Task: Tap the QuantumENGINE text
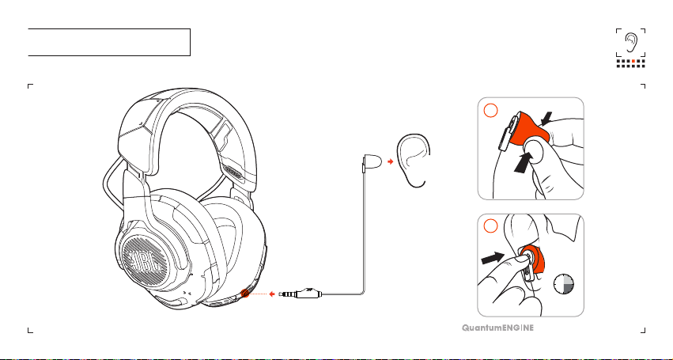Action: click(498, 328)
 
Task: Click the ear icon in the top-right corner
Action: click(631, 42)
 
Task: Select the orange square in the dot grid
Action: click(633, 62)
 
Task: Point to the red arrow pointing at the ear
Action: click(390, 161)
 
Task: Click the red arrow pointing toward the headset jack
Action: click(272, 294)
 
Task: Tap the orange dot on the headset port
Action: click(245, 294)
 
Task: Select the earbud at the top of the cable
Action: click(372, 162)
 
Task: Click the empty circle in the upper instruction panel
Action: click(490, 111)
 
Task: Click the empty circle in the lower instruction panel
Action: click(490, 226)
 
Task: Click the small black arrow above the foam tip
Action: click(546, 119)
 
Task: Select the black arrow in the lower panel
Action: click(493, 258)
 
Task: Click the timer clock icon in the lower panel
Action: click(564, 284)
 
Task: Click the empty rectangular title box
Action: click(109, 42)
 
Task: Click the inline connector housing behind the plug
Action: click(308, 294)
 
